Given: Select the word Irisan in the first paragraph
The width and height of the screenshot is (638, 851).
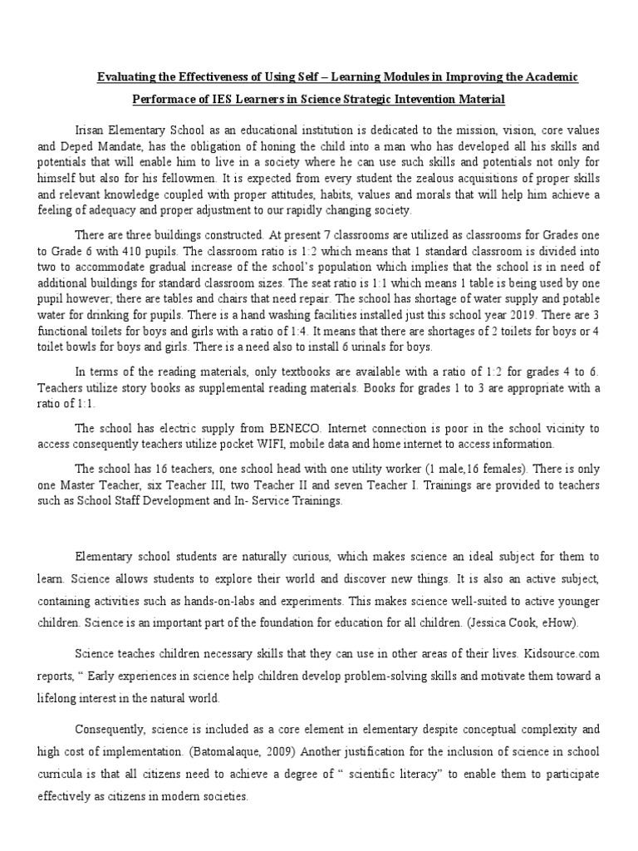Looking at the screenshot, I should point(91,132).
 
